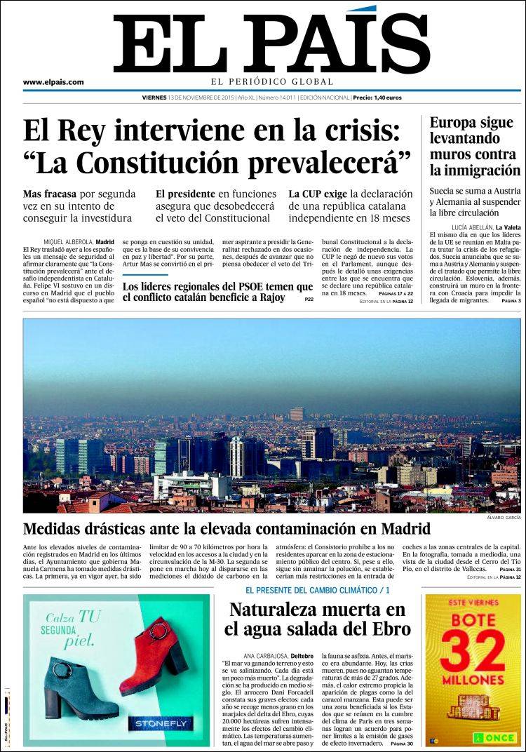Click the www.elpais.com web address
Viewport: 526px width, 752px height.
53,82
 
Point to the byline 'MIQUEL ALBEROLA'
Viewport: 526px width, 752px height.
68,241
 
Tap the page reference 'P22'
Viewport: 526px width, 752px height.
309,300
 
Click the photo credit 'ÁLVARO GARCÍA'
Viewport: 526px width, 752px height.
503,518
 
